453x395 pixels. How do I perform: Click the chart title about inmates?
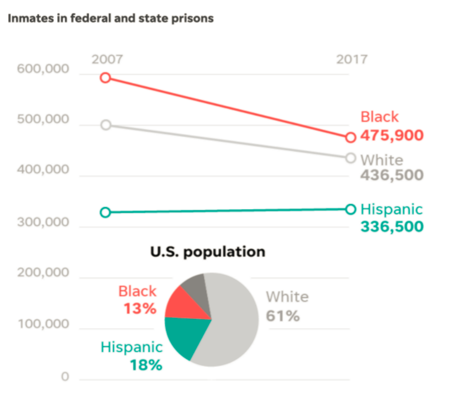click(111, 19)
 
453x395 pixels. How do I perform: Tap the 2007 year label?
click(107, 59)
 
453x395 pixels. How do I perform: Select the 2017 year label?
click(352, 59)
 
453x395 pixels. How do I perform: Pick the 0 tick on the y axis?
click(65, 377)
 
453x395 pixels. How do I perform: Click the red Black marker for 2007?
click(106, 78)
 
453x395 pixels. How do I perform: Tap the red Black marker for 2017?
click(351, 137)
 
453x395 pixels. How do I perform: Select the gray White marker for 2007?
click(106, 125)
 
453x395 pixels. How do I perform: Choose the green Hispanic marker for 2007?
click(106, 212)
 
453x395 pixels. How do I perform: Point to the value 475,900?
click(391, 135)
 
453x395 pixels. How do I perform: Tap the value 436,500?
click(391, 175)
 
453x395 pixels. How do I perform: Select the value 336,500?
click(391, 226)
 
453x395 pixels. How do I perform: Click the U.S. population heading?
click(208, 252)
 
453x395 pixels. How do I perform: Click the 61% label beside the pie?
click(283, 316)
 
